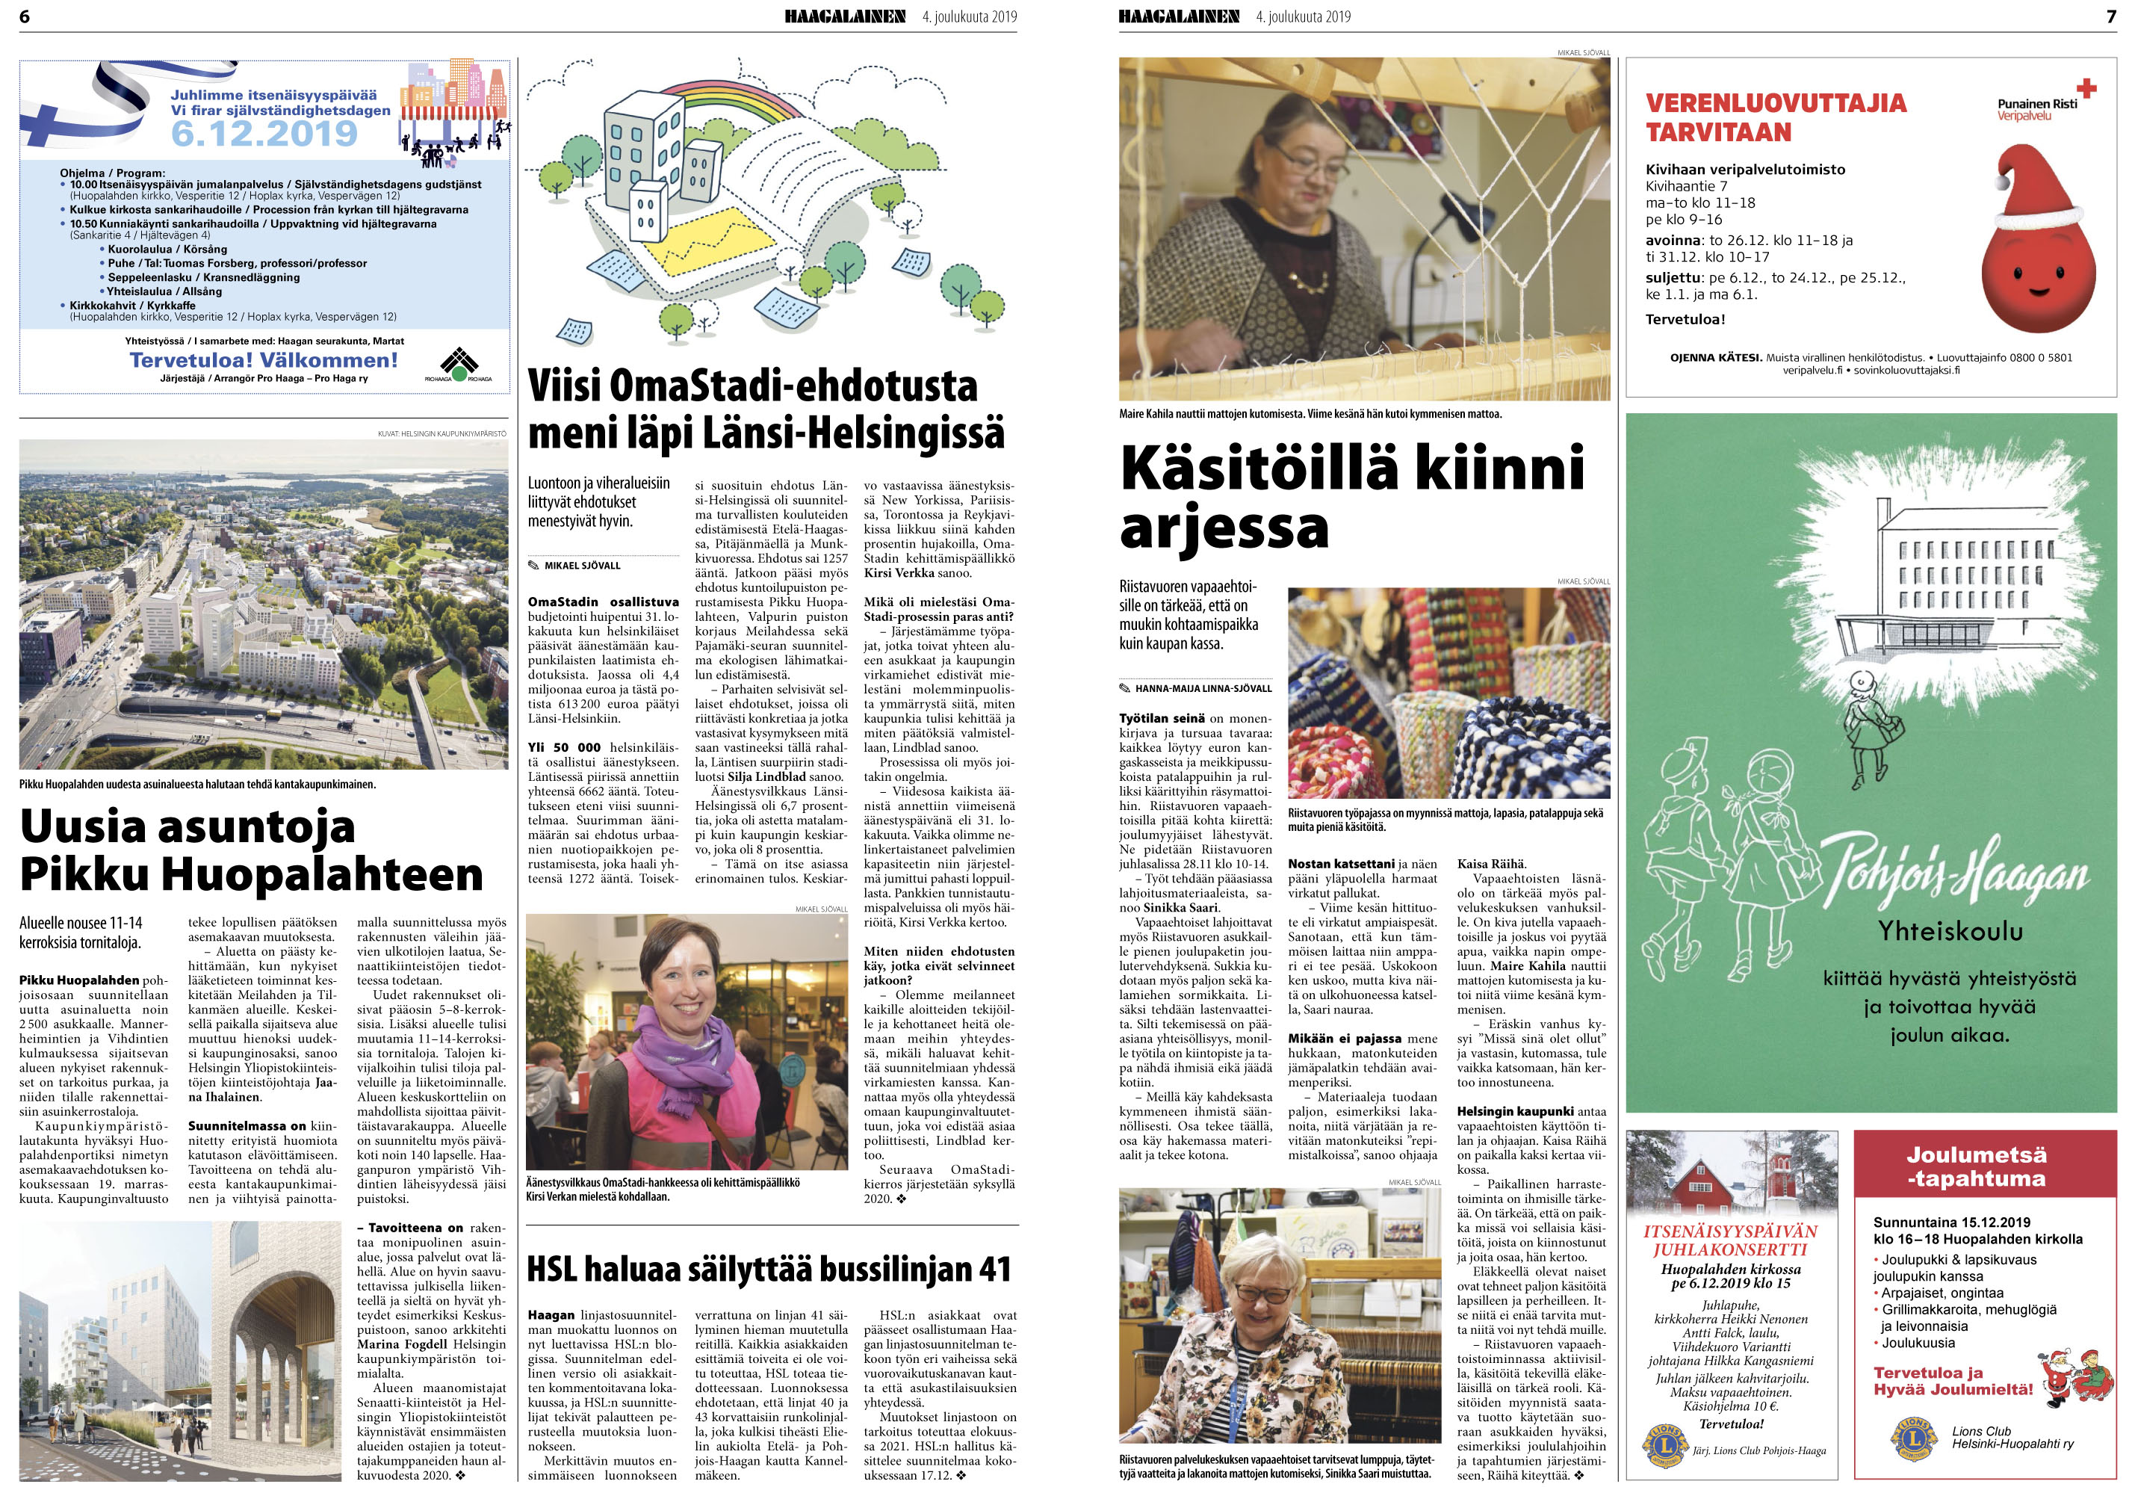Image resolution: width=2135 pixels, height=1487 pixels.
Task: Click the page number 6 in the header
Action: [x=24, y=16]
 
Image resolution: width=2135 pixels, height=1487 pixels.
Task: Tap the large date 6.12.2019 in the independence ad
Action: [x=264, y=133]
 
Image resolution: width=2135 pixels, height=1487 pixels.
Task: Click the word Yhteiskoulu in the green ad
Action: [x=1950, y=930]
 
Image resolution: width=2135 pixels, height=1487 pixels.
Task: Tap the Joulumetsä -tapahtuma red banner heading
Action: [x=1976, y=1166]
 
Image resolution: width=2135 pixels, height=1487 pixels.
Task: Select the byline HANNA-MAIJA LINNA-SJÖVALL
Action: [x=1203, y=688]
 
